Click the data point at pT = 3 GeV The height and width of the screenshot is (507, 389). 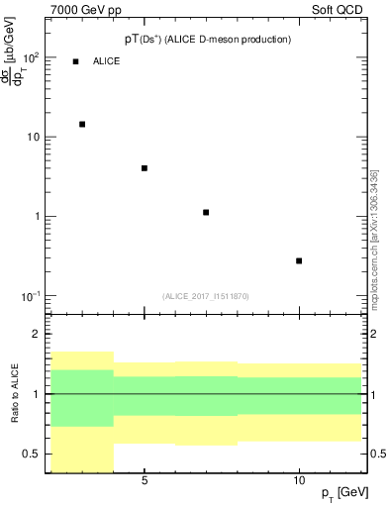(x=82, y=125)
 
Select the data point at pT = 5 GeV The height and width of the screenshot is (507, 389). (x=145, y=168)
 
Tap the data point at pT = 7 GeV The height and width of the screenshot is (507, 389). (x=206, y=212)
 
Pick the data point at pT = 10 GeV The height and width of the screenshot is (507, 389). (x=299, y=260)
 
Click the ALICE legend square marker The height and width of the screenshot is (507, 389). (x=75, y=61)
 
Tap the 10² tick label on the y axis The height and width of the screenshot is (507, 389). (x=30, y=57)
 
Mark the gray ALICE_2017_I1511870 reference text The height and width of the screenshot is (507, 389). (x=206, y=296)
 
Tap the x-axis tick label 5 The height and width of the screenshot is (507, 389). (x=145, y=480)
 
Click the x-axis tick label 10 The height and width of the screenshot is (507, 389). (x=299, y=480)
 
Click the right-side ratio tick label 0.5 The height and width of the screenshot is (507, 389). (x=377, y=454)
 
